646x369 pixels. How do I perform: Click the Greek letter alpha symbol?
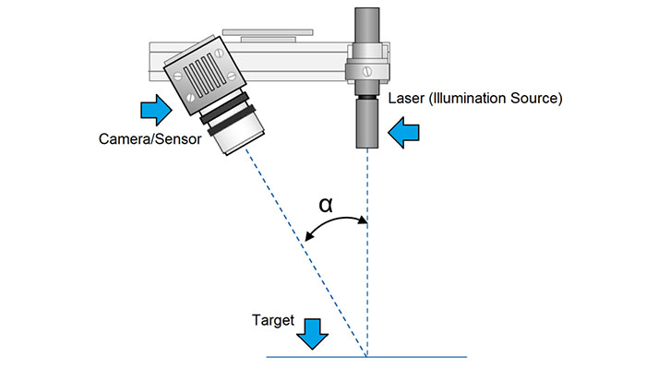click(325, 204)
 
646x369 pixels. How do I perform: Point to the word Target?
click(272, 322)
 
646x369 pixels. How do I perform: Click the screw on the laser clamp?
click(367, 67)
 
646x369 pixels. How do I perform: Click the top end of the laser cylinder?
click(367, 11)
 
